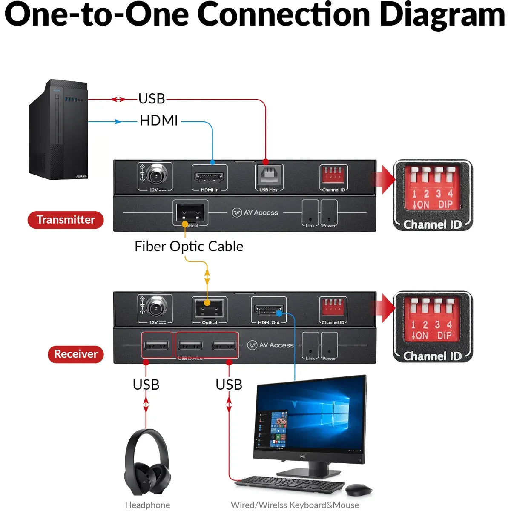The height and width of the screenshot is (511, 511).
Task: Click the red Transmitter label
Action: click(66, 220)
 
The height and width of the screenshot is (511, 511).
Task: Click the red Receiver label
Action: click(75, 354)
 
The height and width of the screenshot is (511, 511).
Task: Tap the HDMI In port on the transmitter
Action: click(209, 177)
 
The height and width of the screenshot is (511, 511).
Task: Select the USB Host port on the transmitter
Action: click(269, 175)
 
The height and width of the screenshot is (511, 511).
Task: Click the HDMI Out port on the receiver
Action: click(269, 309)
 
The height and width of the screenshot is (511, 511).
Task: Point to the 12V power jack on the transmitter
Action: click(156, 175)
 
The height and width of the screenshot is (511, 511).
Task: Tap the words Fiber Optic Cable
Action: click(189, 247)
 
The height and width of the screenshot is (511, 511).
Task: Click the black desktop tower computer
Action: click(59, 129)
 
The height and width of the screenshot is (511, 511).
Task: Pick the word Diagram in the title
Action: click(442, 14)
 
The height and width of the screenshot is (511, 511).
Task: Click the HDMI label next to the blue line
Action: click(158, 121)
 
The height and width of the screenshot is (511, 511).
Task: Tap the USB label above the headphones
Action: click(146, 385)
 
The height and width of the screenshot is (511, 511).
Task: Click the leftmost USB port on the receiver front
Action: click(157, 345)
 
